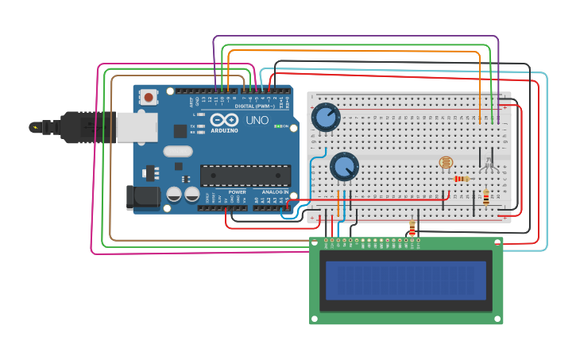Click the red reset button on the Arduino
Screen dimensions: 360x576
click(x=149, y=98)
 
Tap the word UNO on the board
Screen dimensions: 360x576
click(x=257, y=120)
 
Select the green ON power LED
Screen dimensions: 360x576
click(x=276, y=126)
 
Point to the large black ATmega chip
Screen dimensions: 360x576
click(x=245, y=176)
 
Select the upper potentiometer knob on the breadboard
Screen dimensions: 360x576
click(x=326, y=118)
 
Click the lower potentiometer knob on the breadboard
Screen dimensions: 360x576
click(x=344, y=166)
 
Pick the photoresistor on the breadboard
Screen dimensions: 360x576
click(x=446, y=163)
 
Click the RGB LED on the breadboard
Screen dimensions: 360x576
click(x=488, y=165)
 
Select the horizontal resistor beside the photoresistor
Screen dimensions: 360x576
click(x=462, y=179)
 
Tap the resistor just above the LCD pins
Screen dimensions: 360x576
click(x=412, y=229)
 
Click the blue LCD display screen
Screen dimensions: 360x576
click(x=405, y=281)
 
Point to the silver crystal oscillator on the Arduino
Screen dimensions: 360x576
click(x=178, y=151)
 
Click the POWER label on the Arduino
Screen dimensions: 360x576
click(x=237, y=192)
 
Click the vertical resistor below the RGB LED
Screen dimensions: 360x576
click(x=485, y=199)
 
